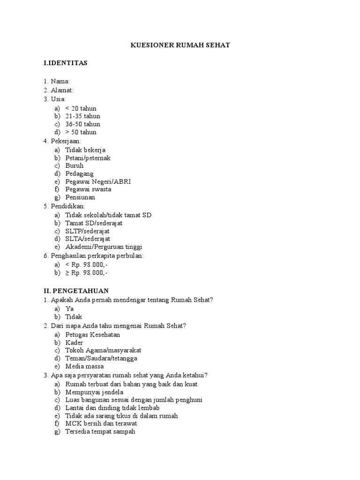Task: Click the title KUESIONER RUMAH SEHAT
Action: click(180, 45)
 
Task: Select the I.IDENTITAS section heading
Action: click(65, 63)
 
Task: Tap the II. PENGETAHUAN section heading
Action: click(76, 291)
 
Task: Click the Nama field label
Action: click(60, 82)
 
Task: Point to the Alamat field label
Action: click(62, 90)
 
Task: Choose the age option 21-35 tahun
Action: click(82, 116)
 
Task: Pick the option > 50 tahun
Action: click(81, 132)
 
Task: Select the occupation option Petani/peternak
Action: click(88, 158)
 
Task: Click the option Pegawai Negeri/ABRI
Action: click(98, 181)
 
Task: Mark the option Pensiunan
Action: click(80, 197)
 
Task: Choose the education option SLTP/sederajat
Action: click(87, 231)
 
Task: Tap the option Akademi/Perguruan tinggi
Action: click(104, 247)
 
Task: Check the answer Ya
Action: click(69, 309)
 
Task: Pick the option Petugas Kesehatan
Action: click(93, 335)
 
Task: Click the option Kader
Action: click(74, 343)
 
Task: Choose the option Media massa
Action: click(84, 367)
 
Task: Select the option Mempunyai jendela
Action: click(94, 392)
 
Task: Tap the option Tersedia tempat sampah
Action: click(100, 432)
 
